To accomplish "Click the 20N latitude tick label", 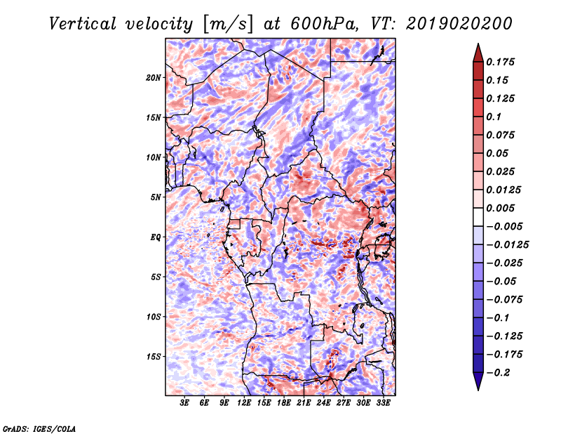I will tap(154, 77).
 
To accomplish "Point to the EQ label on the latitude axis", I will tap(156, 237).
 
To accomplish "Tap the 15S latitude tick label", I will tap(154, 357).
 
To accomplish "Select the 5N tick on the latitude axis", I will tap(156, 197).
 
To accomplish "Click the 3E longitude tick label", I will tap(185, 404).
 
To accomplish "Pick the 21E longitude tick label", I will tap(304, 404).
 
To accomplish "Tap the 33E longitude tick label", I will tap(383, 404).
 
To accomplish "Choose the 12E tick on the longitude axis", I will tap(244, 404).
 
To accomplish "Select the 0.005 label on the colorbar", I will tap(503, 208).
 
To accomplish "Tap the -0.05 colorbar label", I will tap(504, 281).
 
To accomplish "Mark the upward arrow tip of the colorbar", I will tap(477, 45).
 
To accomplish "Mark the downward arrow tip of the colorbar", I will tap(477, 389).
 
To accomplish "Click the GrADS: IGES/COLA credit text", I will tap(39, 427).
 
